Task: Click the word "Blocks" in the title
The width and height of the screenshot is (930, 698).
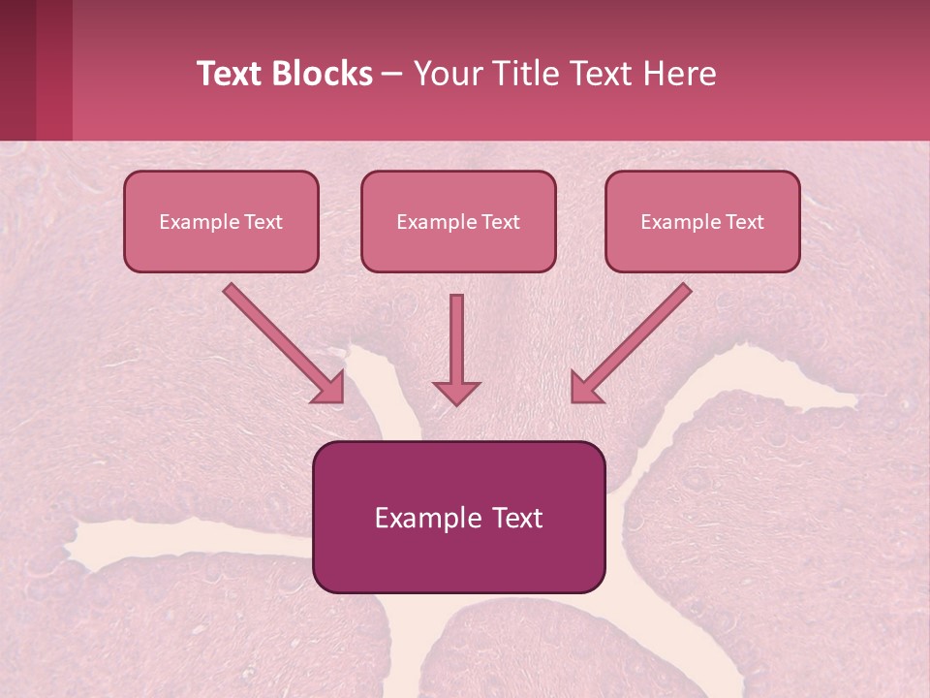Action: [324, 74]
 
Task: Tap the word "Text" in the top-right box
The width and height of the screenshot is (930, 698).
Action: [745, 222]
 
